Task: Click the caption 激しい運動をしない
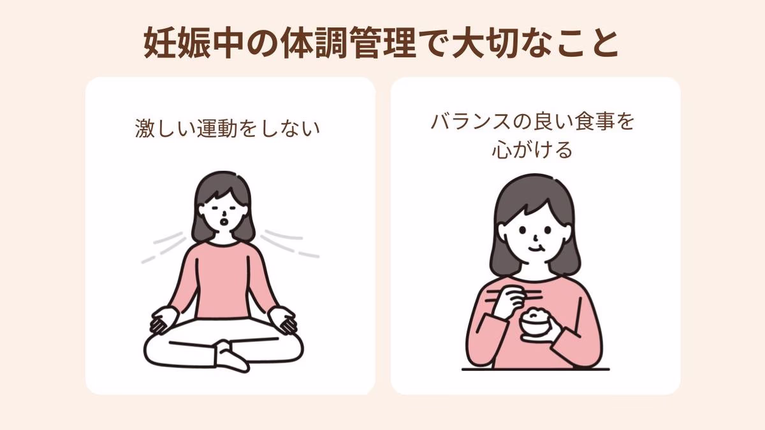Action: pos(228,129)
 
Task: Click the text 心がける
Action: pos(532,150)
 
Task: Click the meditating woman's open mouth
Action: pos(223,222)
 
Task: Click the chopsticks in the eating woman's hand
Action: pos(514,296)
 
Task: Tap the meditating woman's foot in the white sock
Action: pos(231,357)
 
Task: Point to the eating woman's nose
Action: pos(536,237)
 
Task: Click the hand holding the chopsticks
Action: pos(508,301)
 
